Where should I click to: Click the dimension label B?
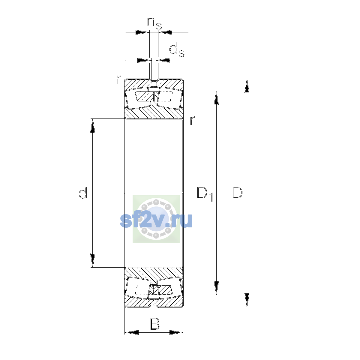[155, 324]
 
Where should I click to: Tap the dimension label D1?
[205, 194]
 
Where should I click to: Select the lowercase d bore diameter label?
[83, 193]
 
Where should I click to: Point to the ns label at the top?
[154, 23]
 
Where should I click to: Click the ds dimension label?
[177, 49]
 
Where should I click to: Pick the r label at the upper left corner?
[119, 79]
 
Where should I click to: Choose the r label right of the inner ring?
[192, 120]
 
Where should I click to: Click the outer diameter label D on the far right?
[237, 193]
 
